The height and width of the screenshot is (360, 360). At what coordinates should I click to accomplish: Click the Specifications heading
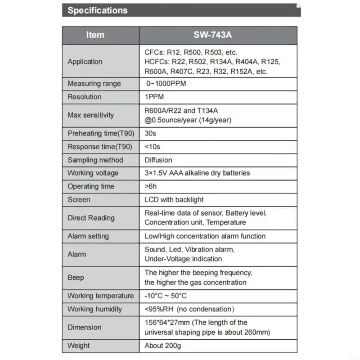(x=97, y=10)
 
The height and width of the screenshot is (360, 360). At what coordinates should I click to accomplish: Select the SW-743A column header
(x=218, y=35)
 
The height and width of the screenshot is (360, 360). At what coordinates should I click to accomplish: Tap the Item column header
(x=95, y=35)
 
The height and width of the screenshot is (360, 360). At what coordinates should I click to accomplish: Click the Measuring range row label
(x=94, y=84)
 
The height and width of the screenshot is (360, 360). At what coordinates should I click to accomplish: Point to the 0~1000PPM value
(x=166, y=84)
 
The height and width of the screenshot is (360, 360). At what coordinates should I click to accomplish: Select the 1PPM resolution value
(x=154, y=97)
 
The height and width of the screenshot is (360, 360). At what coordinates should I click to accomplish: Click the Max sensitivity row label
(x=90, y=115)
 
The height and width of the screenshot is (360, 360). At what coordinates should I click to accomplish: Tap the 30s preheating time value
(x=150, y=134)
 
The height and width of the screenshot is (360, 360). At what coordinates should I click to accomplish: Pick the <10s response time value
(x=152, y=147)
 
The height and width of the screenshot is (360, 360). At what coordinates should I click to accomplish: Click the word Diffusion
(x=158, y=160)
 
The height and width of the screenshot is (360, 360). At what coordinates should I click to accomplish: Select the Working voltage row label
(x=93, y=173)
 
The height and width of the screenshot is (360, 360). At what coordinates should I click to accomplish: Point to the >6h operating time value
(x=150, y=186)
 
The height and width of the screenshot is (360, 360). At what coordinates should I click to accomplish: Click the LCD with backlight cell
(x=174, y=199)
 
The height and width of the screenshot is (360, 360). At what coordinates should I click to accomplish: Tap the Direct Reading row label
(x=91, y=218)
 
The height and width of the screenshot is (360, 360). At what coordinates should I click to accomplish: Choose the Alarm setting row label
(x=89, y=236)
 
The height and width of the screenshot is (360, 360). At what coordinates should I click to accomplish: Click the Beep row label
(x=76, y=278)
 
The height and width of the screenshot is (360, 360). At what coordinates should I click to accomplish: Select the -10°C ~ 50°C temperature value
(x=165, y=296)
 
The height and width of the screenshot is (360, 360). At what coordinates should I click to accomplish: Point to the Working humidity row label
(x=94, y=309)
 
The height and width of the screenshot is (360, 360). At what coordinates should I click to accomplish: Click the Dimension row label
(x=84, y=328)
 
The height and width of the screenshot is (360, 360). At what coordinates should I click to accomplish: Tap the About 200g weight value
(x=163, y=346)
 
